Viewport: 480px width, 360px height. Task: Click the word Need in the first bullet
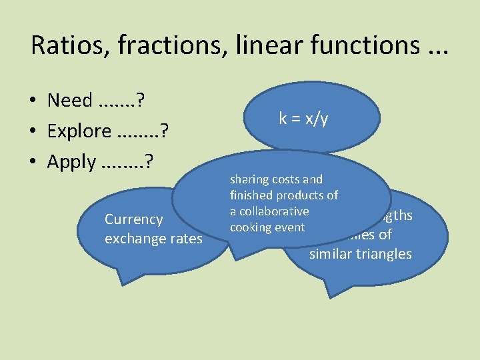[x=70, y=101]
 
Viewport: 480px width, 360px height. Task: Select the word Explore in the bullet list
[x=79, y=131]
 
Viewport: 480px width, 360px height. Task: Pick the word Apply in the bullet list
[x=72, y=162]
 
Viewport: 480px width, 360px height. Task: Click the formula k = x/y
[x=303, y=119]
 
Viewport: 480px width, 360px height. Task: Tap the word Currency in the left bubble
[x=134, y=219]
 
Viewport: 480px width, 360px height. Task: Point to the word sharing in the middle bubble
[x=249, y=179]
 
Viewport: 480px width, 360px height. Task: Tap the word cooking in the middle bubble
[x=249, y=227]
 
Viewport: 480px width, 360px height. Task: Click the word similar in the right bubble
[x=331, y=254]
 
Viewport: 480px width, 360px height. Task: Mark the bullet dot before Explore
[x=32, y=132]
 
